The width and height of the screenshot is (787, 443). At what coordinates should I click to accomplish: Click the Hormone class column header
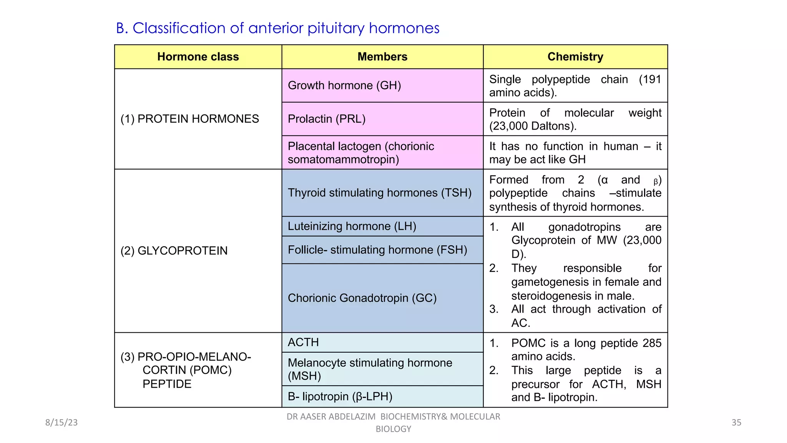[x=198, y=57]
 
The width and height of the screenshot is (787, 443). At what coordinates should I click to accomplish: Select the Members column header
[x=382, y=57]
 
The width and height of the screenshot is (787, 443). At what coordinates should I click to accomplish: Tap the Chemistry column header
[x=575, y=57]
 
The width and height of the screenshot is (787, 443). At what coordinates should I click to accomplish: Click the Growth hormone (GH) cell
[x=344, y=85]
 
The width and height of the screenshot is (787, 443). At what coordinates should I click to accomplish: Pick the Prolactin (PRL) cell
[x=327, y=119]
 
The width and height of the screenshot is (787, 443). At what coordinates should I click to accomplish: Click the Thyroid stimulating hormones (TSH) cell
[x=379, y=193]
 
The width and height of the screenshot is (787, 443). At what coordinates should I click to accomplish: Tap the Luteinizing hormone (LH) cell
[x=352, y=226]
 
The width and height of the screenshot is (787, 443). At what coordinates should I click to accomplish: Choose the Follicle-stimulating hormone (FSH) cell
[x=377, y=250]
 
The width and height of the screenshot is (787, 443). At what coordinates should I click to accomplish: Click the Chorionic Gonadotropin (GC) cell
[x=362, y=298]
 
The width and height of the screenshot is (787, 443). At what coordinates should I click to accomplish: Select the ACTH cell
[x=303, y=342]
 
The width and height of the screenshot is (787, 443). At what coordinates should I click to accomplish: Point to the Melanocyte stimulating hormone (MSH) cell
[x=370, y=369]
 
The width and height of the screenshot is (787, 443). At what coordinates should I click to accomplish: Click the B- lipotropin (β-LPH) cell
[x=340, y=396]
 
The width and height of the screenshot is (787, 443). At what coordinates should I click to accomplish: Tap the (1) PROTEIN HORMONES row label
[x=189, y=119]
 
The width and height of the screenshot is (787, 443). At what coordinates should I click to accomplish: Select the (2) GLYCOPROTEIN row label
[x=174, y=251]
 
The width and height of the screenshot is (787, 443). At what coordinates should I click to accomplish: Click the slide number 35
[x=736, y=423]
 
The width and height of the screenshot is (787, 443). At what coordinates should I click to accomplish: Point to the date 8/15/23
[x=61, y=423]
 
